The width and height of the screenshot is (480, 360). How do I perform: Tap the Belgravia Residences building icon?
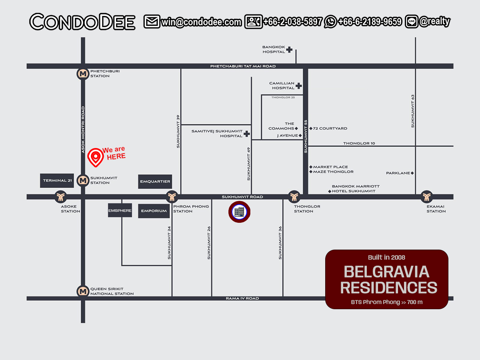[239, 212]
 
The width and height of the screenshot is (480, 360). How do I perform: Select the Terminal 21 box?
[58, 181]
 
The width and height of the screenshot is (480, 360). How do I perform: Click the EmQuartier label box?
[155, 181]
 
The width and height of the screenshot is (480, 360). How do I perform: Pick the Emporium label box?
[154, 211]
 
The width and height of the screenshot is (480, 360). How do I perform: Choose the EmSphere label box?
[120, 210]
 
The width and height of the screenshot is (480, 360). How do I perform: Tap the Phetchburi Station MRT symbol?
[83, 74]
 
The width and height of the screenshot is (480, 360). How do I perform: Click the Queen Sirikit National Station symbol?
[83, 291]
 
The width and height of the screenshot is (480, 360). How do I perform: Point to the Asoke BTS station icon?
[61, 197]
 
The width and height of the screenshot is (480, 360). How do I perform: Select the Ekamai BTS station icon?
[426, 197]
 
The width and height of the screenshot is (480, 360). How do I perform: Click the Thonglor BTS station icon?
[294, 197]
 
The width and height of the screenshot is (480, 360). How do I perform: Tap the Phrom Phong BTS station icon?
[172, 197]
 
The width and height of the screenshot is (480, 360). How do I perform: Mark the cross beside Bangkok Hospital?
[289, 50]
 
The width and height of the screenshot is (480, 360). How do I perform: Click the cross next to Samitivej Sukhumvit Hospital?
[247, 134]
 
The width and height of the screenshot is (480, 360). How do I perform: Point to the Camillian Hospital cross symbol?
[298, 86]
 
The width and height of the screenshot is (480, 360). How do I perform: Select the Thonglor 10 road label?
[359, 143]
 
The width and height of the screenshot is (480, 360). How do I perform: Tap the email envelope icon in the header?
[152, 22]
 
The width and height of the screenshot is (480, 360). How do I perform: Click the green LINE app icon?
[411, 22]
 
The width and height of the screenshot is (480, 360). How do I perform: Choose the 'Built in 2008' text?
[386, 257]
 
